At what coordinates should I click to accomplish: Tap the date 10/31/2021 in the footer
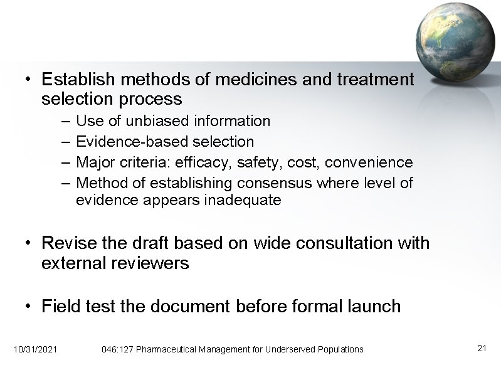35,349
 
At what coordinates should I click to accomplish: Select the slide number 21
482,348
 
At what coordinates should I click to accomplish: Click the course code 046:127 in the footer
117,349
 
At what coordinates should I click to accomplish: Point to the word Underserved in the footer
293,349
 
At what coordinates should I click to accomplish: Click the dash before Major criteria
66,163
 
